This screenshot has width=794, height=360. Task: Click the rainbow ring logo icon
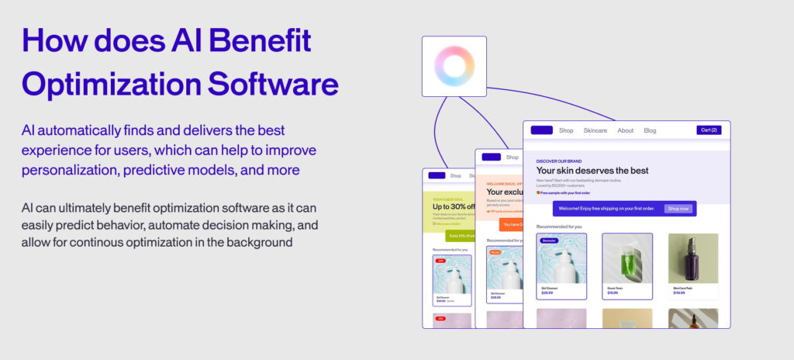(454, 66)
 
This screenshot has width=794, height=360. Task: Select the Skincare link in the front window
(595, 130)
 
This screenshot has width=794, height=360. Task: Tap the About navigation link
(625, 130)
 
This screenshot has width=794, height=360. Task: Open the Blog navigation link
(650, 130)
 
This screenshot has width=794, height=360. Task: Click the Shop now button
(678, 209)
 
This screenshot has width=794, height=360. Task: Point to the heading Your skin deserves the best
(592, 171)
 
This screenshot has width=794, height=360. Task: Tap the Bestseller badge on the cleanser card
(550, 241)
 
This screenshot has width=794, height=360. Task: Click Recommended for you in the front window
(559, 227)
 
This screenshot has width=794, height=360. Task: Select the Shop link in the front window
(566, 130)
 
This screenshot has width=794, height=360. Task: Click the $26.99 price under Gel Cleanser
(547, 293)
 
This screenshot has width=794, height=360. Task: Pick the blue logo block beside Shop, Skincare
(542, 130)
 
